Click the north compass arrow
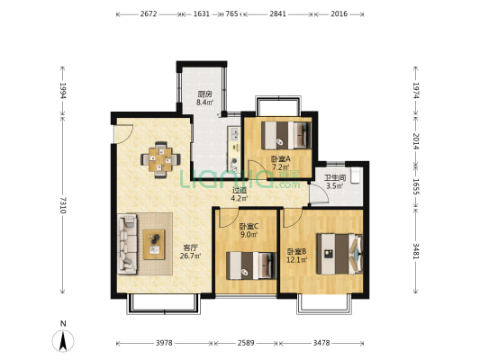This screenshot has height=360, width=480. pyautogui.click(x=63, y=341)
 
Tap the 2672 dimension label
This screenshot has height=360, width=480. pyautogui.click(x=149, y=14)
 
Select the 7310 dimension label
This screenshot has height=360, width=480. pyautogui.click(x=63, y=205)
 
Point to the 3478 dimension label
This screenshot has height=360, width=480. pyautogui.click(x=322, y=343)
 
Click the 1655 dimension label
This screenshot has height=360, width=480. pyautogui.click(x=416, y=186)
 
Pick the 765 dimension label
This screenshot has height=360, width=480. pyautogui.click(x=231, y=14)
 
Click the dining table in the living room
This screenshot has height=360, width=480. pyautogui.click(x=160, y=159)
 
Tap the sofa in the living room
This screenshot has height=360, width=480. pyautogui.click(x=128, y=244)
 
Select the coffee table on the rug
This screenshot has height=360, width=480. pyautogui.click(x=154, y=245)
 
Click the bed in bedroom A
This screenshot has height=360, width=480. pyautogui.click(x=286, y=135)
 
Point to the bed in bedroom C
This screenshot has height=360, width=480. pyautogui.click(x=251, y=265)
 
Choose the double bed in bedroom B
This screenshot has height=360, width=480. pyautogui.click(x=340, y=254)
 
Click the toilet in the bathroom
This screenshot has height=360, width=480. pyautogui.click(x=355, y=175)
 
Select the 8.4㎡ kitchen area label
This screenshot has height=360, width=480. pyautogui.click(x=204, y=103)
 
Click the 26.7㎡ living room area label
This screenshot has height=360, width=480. pyautogui.click(x=190, y=256)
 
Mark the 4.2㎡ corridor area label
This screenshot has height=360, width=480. pyautogui.click(x=239, y=198)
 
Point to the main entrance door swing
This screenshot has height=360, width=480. pyautogui.click(x=123, y=133)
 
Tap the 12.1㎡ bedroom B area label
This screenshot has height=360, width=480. pyautogui.click(x=296, y=260)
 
